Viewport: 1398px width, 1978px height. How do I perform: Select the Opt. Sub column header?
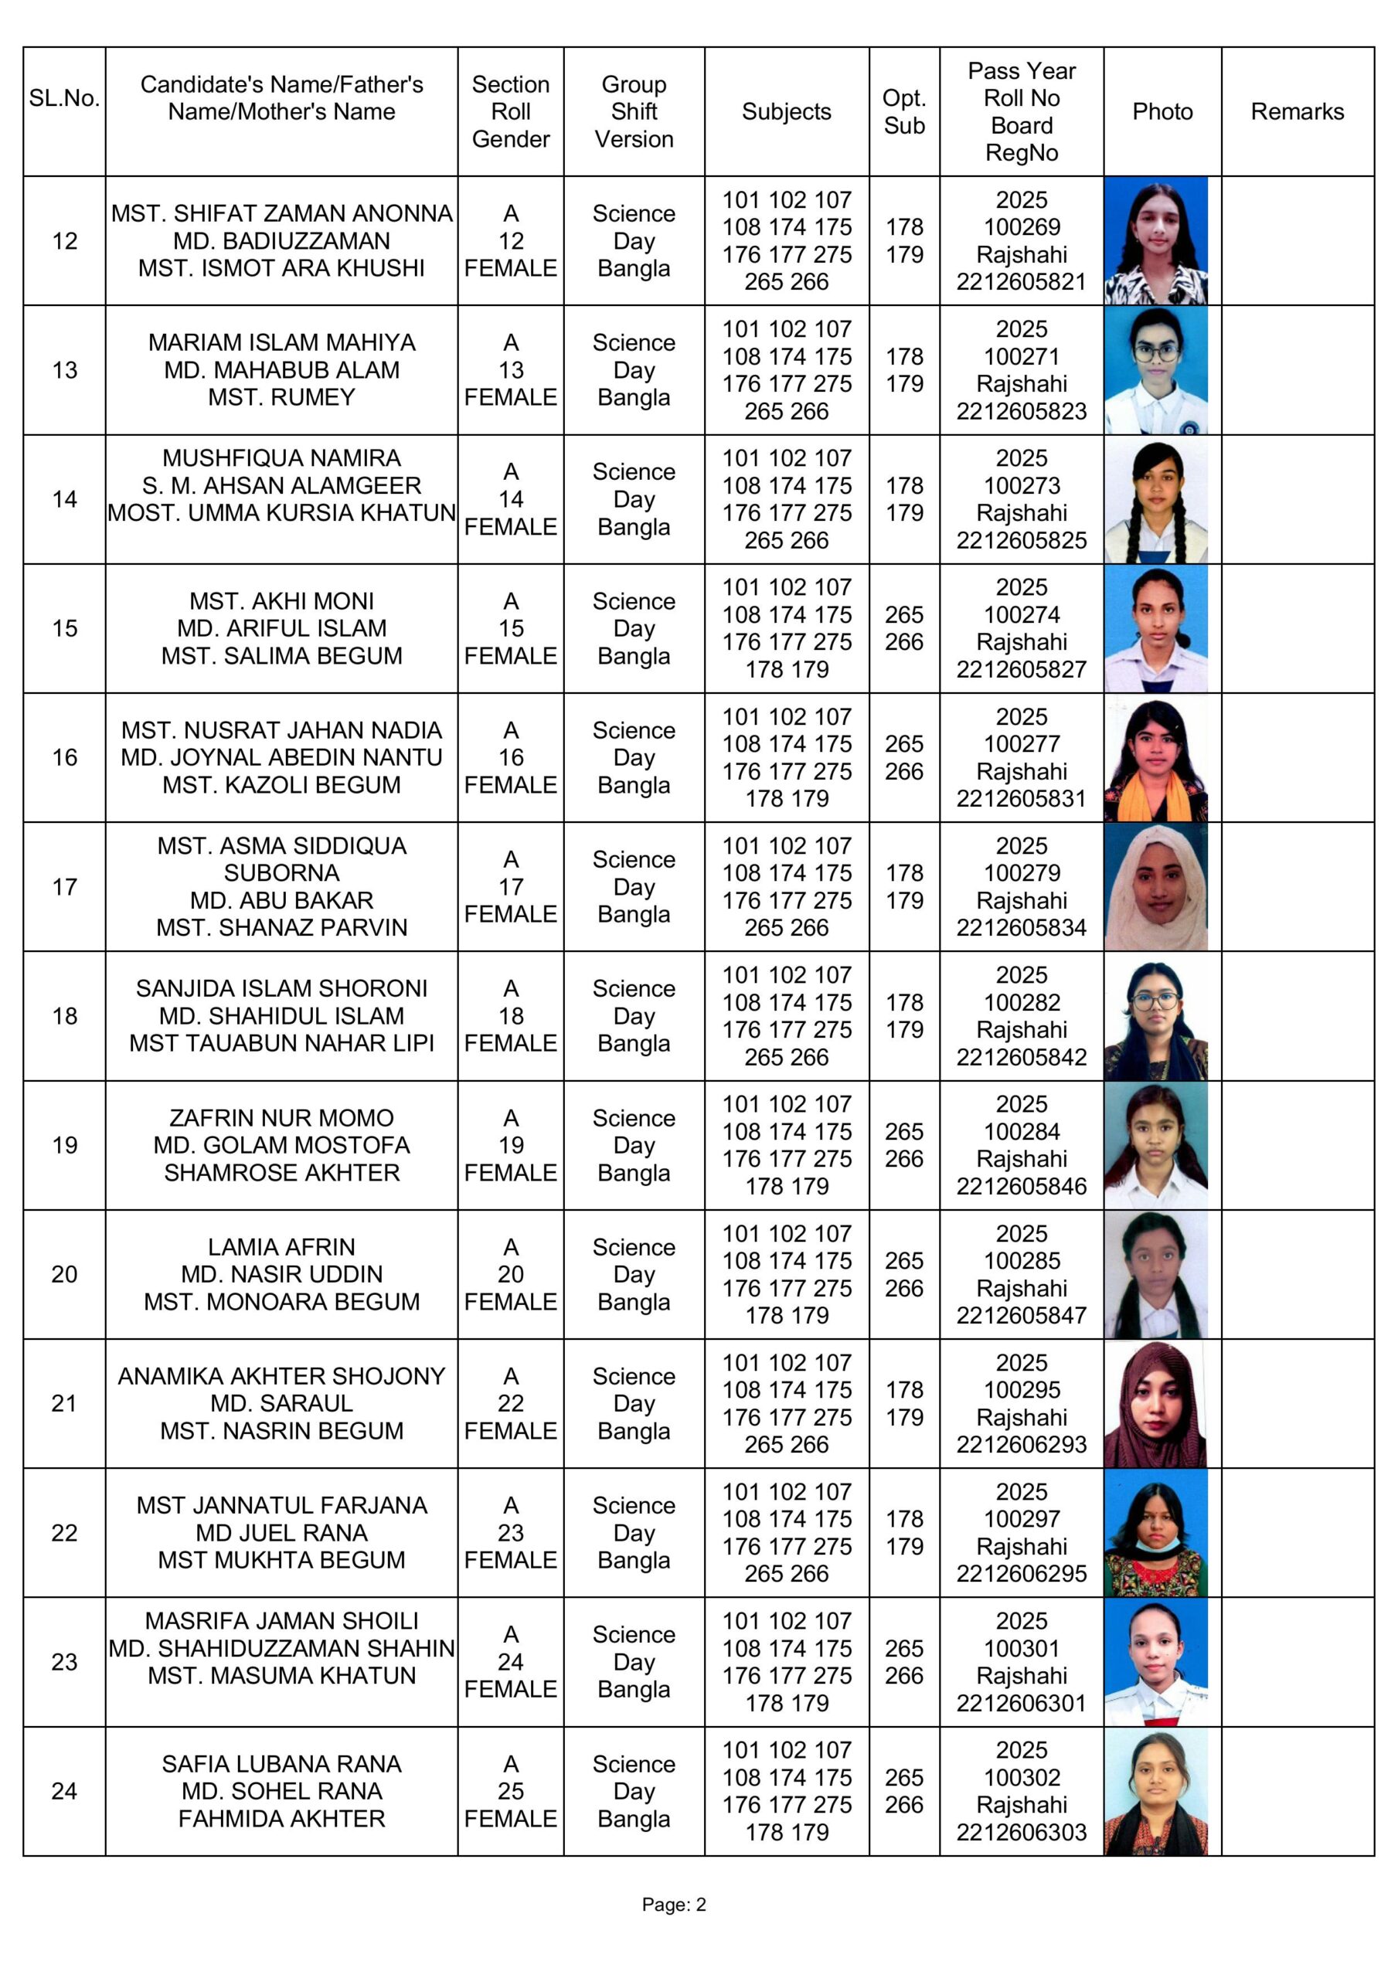[903, 112]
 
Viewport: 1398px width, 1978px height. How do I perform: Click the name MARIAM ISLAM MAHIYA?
[282, 343]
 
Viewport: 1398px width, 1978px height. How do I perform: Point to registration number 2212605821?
[1022, 282]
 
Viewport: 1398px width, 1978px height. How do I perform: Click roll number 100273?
[1022, 486]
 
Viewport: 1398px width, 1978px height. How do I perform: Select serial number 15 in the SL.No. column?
[65, 628]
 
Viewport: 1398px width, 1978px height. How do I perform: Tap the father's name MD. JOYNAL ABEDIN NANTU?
[282, 757]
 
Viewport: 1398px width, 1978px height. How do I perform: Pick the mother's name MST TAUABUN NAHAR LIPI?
[282, 1043]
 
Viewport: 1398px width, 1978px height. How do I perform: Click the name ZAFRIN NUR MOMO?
[282, 1118]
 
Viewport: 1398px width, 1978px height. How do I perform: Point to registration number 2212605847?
[1022, 1316]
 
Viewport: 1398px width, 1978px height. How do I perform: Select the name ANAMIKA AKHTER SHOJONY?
[282, 1377]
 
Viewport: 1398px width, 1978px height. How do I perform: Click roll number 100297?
[1022, 1519]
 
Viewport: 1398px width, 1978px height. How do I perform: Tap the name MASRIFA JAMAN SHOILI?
[282, 1621]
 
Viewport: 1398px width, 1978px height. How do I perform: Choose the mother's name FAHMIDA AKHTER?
[282, 1819]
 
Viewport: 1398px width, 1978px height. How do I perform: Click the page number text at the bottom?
[673, 1905]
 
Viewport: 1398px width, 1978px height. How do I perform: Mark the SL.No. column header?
[65, 98]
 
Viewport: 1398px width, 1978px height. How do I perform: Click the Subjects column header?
[786, 112]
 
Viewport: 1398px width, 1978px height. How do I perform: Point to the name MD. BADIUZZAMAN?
[282, 241]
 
